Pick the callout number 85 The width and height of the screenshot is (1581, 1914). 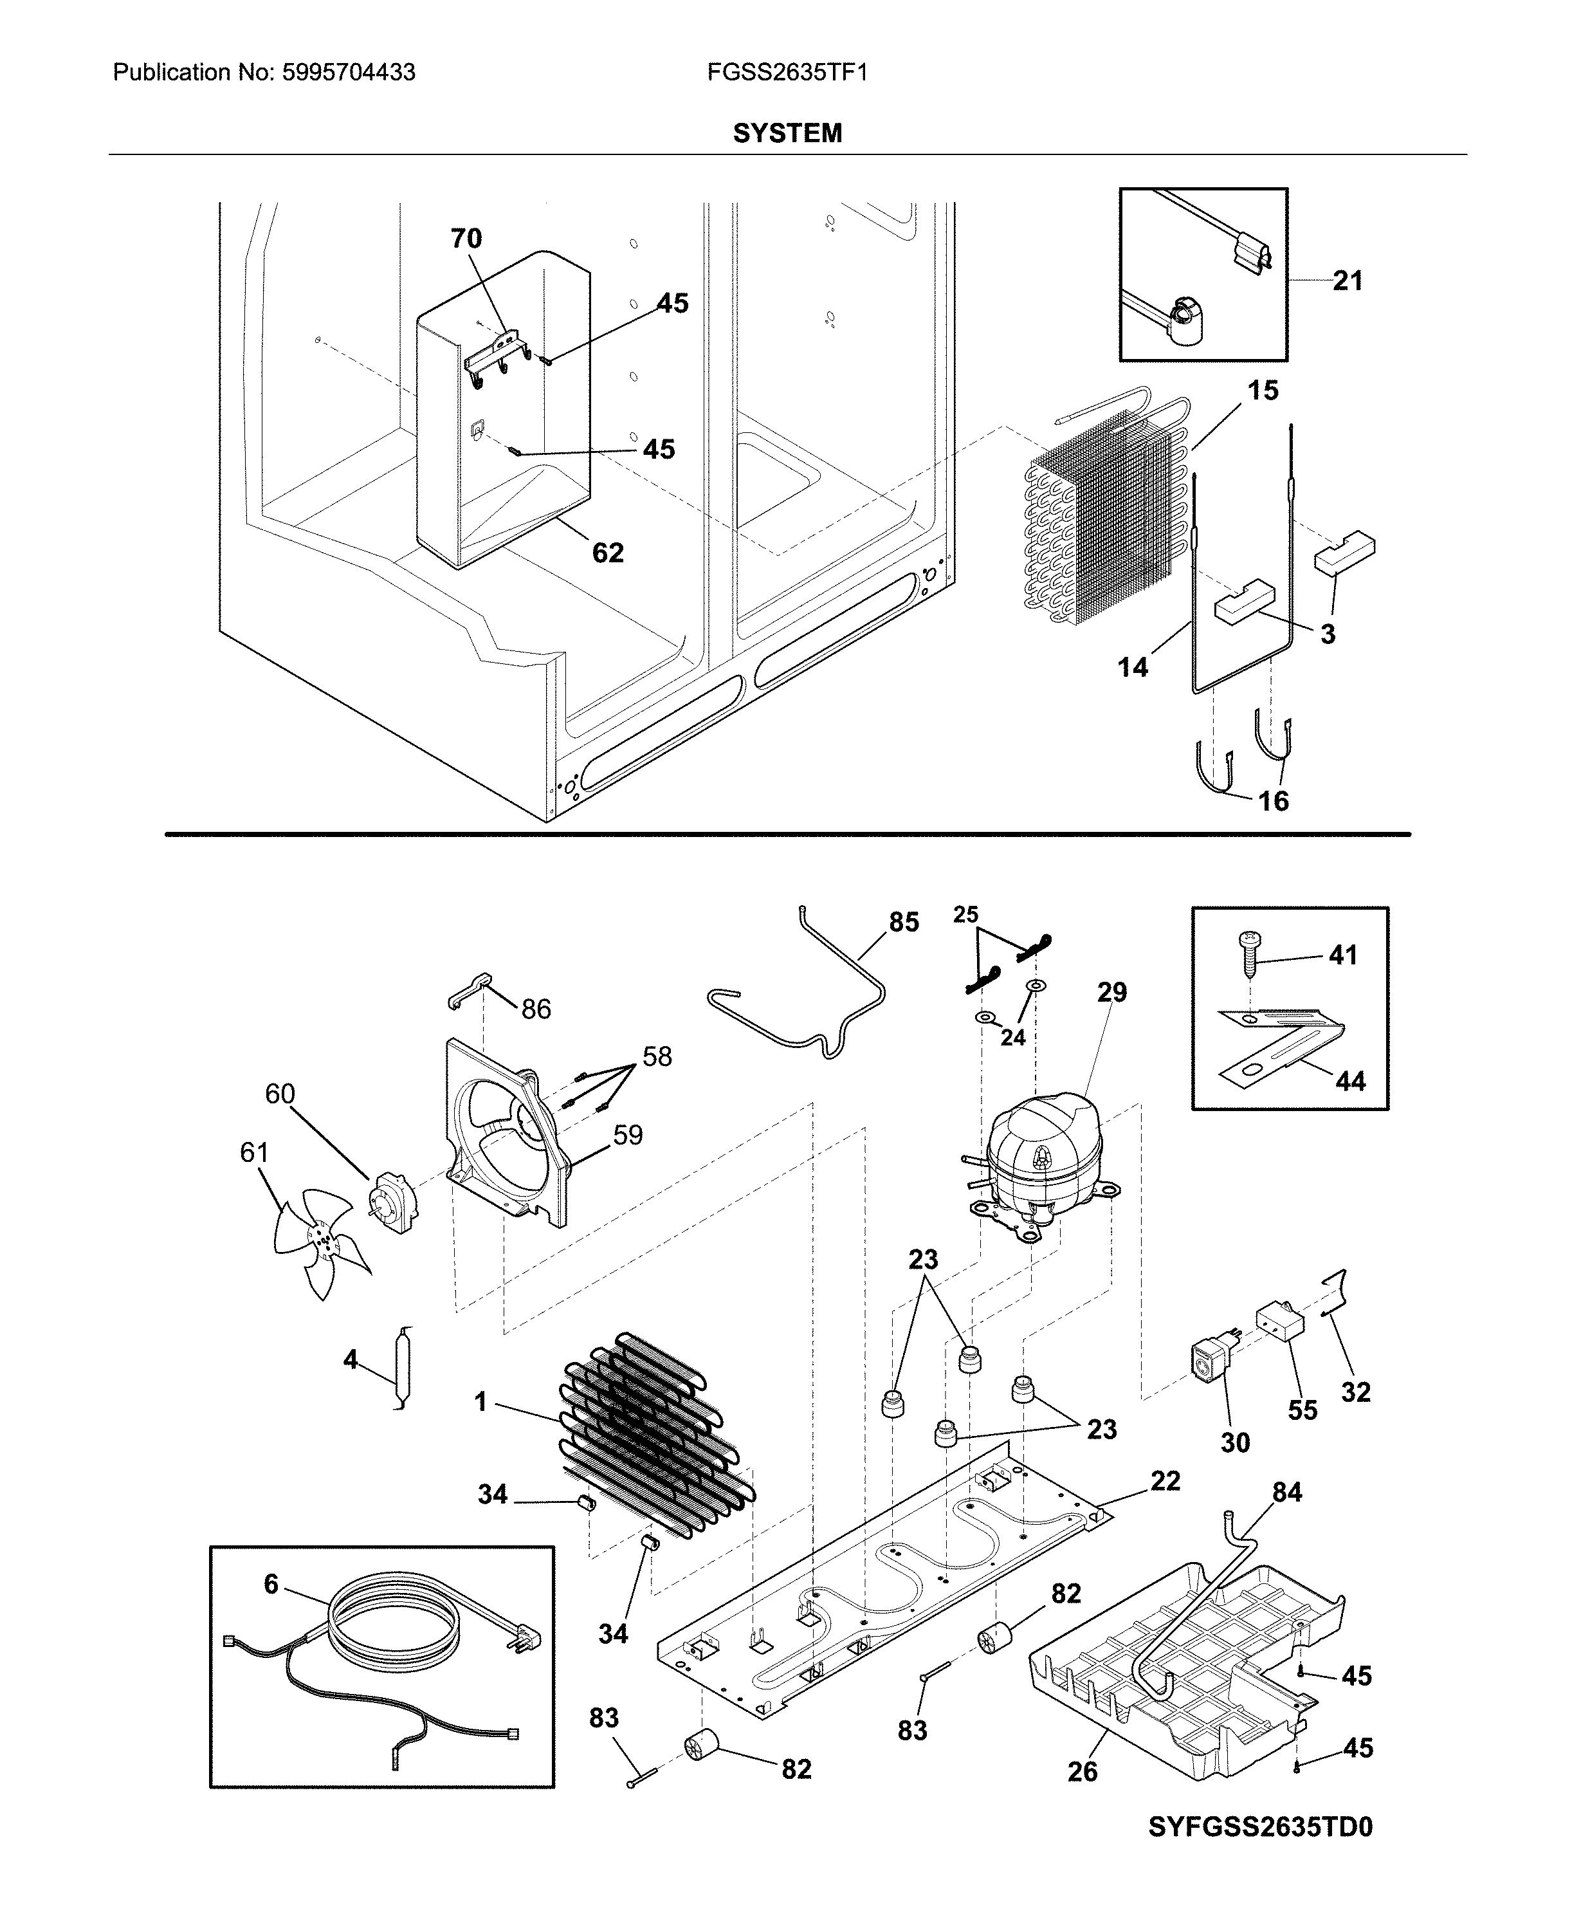coord(904,922)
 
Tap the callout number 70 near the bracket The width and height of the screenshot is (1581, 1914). coord(466,239)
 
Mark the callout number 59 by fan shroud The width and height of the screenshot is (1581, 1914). coord(628,1135)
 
